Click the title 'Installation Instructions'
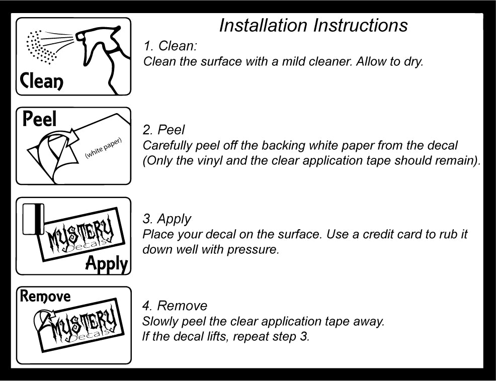pos(313,25)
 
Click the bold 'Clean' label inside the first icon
pos(42,80)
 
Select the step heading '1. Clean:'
pos(170,46)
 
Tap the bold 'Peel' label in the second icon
pos(40,119)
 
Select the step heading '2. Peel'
pos(164,130)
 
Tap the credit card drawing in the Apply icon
pos(33,219)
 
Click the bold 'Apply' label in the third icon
pos(106,263)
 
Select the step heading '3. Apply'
pos(167,219)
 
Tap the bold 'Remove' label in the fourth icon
pos(45,297)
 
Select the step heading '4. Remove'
pos(175,306)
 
